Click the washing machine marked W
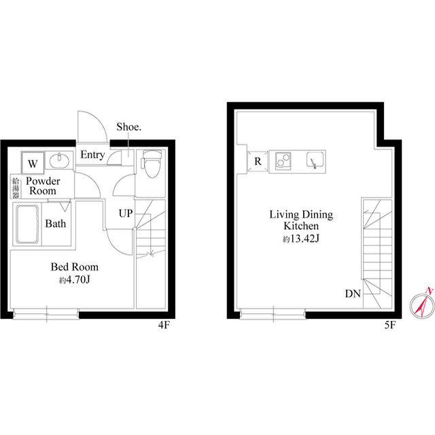[x=33, y=163]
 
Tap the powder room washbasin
[x=59, y=160]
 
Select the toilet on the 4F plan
[x=151, y=164]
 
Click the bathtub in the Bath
[x=27, y=224]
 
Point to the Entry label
[x=92, y=155]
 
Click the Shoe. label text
[x=128, y=127]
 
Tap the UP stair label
[x=126, y=213]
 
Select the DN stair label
[x=353, y=294]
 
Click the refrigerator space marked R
[x=258, y=162]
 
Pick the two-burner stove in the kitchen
[x=283, y=160]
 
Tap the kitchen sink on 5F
[x=315, y=160]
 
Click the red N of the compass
[x=429, y=291]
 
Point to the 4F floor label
[x=164, y=325]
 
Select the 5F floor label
[x=389, y=325]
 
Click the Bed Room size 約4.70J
[x=74, y=280]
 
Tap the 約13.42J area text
[x=301, y=239]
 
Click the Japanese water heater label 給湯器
[x=16, y=188]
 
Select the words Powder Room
[x=43, y=186]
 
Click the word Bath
[x=56, y=224]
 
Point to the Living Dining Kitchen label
[x=301, y=220]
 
